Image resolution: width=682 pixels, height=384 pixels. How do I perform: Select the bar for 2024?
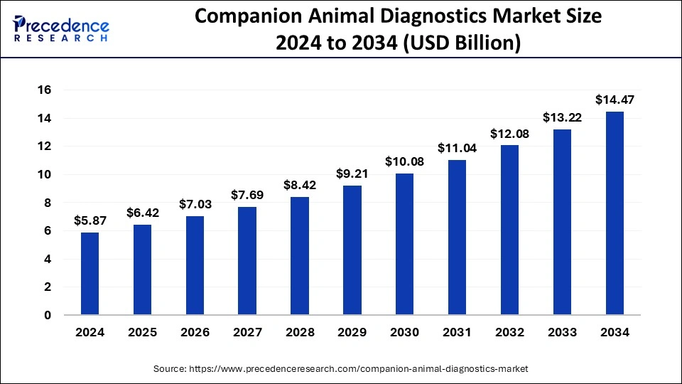coord(90,274)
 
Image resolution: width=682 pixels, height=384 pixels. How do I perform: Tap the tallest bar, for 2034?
coord(615,213)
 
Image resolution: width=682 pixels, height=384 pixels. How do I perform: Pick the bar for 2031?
coord(457,238)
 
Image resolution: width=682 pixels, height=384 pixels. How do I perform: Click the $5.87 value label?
coord(89,221)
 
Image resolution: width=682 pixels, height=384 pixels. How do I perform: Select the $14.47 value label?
coord(615,100)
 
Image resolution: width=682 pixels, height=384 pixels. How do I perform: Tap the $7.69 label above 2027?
coord(247,196)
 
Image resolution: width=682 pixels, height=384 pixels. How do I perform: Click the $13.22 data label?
coord(562,118)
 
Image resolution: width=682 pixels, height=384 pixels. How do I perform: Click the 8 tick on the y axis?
coord(48,203)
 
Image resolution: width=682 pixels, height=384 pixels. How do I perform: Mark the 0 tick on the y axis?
coord(48,315)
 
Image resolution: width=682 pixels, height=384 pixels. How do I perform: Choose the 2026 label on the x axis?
coord(195,332)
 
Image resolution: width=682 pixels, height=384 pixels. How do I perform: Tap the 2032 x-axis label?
coord(509,332)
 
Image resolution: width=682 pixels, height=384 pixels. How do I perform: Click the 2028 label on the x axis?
coord(299,332)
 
